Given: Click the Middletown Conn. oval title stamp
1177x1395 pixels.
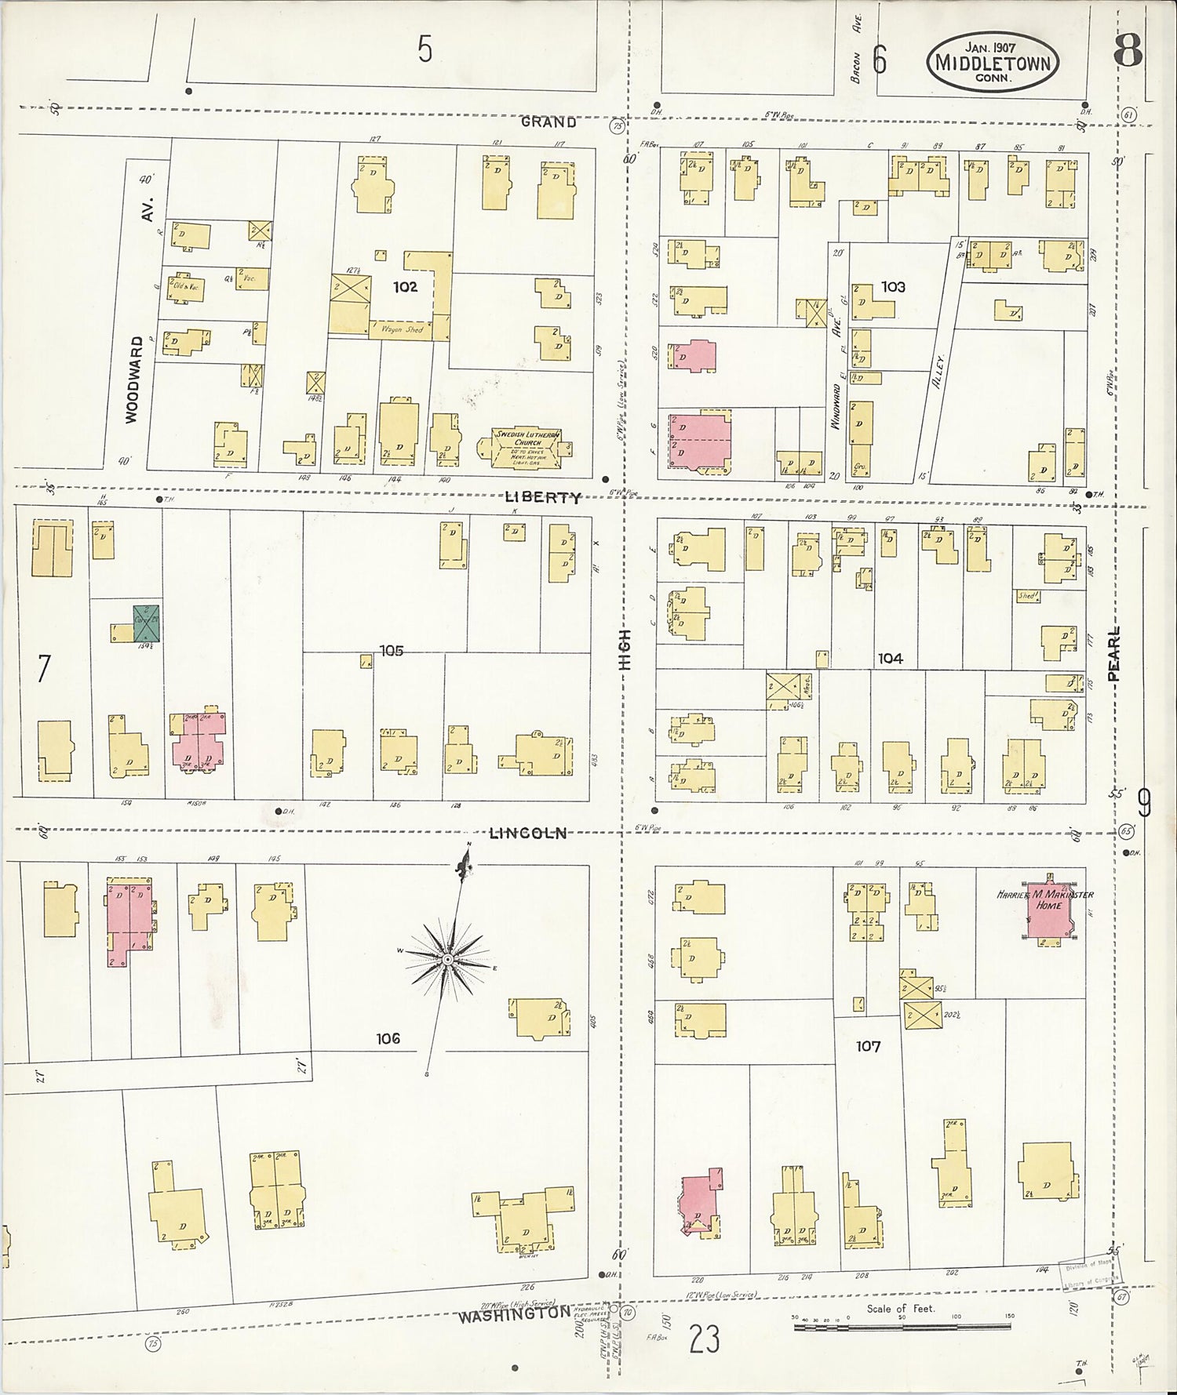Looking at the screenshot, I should pos(992,61).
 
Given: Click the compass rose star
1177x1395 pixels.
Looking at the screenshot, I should pos(446,959).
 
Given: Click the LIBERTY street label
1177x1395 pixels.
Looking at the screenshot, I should pos(543,497).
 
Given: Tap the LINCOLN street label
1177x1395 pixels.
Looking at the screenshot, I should pos(527,834).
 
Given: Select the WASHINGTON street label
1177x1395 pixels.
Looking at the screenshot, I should pos(514,1313).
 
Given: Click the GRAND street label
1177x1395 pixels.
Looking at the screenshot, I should pos(549,122).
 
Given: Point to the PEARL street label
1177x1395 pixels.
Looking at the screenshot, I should pos(1115,653).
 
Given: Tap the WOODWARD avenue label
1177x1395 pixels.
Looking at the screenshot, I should pos(131,380).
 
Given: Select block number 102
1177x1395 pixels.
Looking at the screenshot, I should pos(405,287).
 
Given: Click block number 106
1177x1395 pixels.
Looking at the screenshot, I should pos(388,1039).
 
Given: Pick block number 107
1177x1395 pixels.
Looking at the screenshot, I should pos(868,1046).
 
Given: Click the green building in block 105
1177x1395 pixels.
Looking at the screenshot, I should pos(146,623).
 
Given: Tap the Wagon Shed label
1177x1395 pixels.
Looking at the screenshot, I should pos(402,330).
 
